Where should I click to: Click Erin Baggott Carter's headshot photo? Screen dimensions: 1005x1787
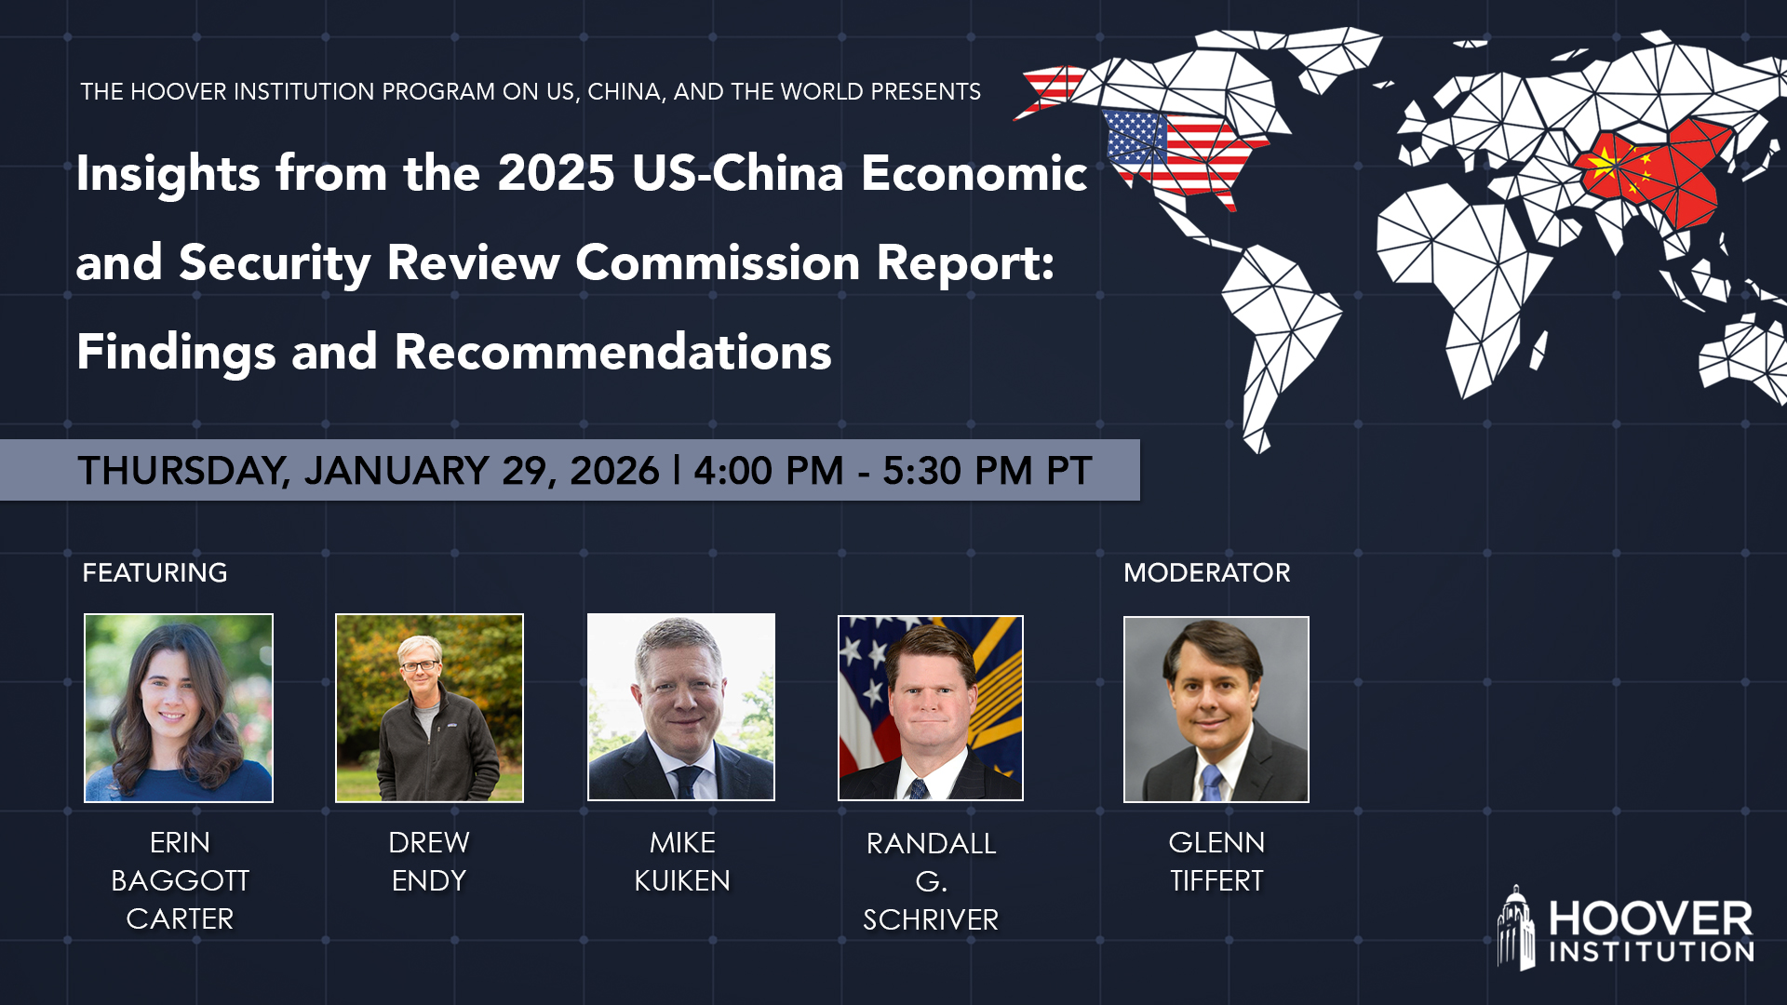click(x=179, y=707)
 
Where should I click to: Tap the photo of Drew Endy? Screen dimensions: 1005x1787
click(x=429, y=707)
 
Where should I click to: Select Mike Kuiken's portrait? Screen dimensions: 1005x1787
click(x=681, y=706)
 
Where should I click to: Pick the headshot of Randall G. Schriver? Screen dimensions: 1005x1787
click(x=931, y=707)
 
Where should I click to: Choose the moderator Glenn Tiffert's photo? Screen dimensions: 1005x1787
click(x=1216, y=709)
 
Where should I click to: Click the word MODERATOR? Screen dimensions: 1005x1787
click(x=1206, y=572)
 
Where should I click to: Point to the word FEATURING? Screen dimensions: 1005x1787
click(x=155, y=572)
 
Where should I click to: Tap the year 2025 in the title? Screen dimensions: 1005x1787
click(x=556, y=173)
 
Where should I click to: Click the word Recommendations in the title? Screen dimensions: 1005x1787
click(x=612, y=352)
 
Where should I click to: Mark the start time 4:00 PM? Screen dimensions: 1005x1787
click(x=768, y=471)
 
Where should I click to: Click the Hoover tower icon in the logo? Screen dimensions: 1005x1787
click(x=1516, y=929)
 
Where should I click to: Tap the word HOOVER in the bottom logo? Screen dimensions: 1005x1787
click(x=1650, y=919)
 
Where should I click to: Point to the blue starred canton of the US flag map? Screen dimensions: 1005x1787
click(x=1134, y=135)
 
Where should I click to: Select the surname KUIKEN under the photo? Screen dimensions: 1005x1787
click(x=682, y=880)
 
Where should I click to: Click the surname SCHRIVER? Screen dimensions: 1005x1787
click(x=931, y=919)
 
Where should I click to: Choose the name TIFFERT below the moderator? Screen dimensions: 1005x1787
click(x=1216, y=880)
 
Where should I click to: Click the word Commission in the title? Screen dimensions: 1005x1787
click(x=718, y=262)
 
